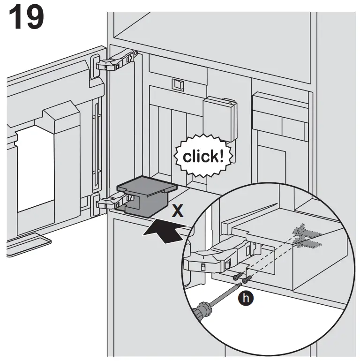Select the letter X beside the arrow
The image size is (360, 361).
coord(177,211)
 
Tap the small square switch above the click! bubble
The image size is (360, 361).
coord(179,84)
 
